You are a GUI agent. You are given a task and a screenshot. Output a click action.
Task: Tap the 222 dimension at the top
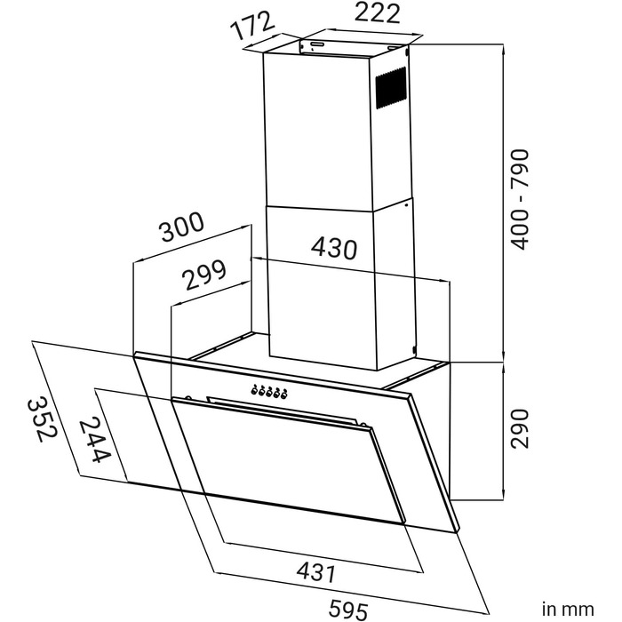click(x=377, y=13)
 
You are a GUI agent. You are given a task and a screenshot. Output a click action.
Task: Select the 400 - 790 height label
click(x=519, y=200)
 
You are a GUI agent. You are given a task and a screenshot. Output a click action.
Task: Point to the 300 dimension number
click(x=183, y=227)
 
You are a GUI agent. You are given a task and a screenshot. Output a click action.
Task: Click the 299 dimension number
click(x=204, y=274)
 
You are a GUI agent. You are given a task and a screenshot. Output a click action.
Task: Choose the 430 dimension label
click(x=334, y=249)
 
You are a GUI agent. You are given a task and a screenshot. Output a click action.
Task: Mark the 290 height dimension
click(x=519, y=429)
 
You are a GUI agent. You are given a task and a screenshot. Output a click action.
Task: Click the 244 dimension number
click(x=93, y=440)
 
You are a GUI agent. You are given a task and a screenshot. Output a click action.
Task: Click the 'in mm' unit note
click(x=568, y=609)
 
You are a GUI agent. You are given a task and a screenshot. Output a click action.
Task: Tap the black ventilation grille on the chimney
click(x=392, y=89)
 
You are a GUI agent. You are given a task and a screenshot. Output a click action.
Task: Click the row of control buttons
click(x=269, y=392)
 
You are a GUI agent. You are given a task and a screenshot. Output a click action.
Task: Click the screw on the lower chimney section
click(x=406, y=205)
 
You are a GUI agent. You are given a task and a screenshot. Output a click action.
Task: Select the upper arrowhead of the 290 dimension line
click(x=504, y=367)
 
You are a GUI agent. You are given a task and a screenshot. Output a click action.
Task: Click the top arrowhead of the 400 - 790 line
click(x=504, y=49)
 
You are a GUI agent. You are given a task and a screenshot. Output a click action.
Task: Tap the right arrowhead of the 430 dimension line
click(x=444, y=280)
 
